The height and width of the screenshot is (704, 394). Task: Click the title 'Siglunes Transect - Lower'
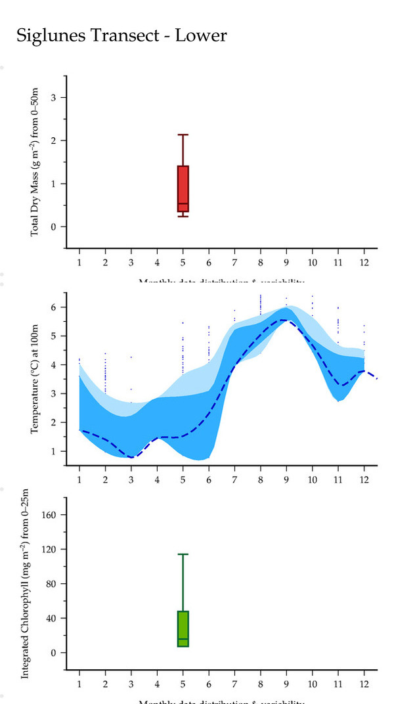[121, 35]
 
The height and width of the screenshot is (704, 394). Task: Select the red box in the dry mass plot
[183, 188]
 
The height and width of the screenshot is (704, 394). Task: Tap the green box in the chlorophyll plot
[183, 628]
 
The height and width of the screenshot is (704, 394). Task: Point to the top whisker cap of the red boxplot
[183, 135]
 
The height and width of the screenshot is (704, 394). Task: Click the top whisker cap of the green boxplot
[183, 554]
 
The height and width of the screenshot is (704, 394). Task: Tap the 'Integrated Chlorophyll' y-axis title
[26, 584]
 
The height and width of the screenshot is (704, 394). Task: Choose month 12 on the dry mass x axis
[364, 262]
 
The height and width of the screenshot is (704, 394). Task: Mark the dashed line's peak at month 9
[284, 320]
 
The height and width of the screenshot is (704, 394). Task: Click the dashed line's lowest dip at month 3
[131, 457]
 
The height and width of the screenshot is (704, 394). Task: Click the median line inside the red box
[183, 204]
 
